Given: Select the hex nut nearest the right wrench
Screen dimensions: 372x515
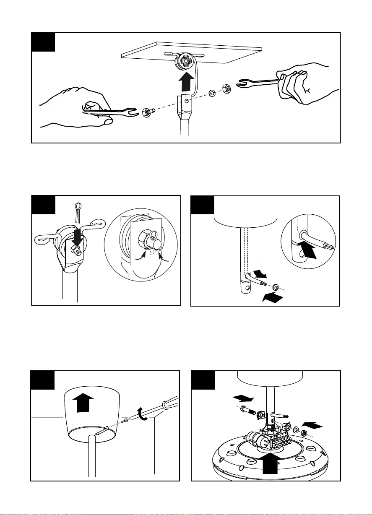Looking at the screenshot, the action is click(226, 88).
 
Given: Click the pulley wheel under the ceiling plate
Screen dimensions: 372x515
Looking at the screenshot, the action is click(184, 62).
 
